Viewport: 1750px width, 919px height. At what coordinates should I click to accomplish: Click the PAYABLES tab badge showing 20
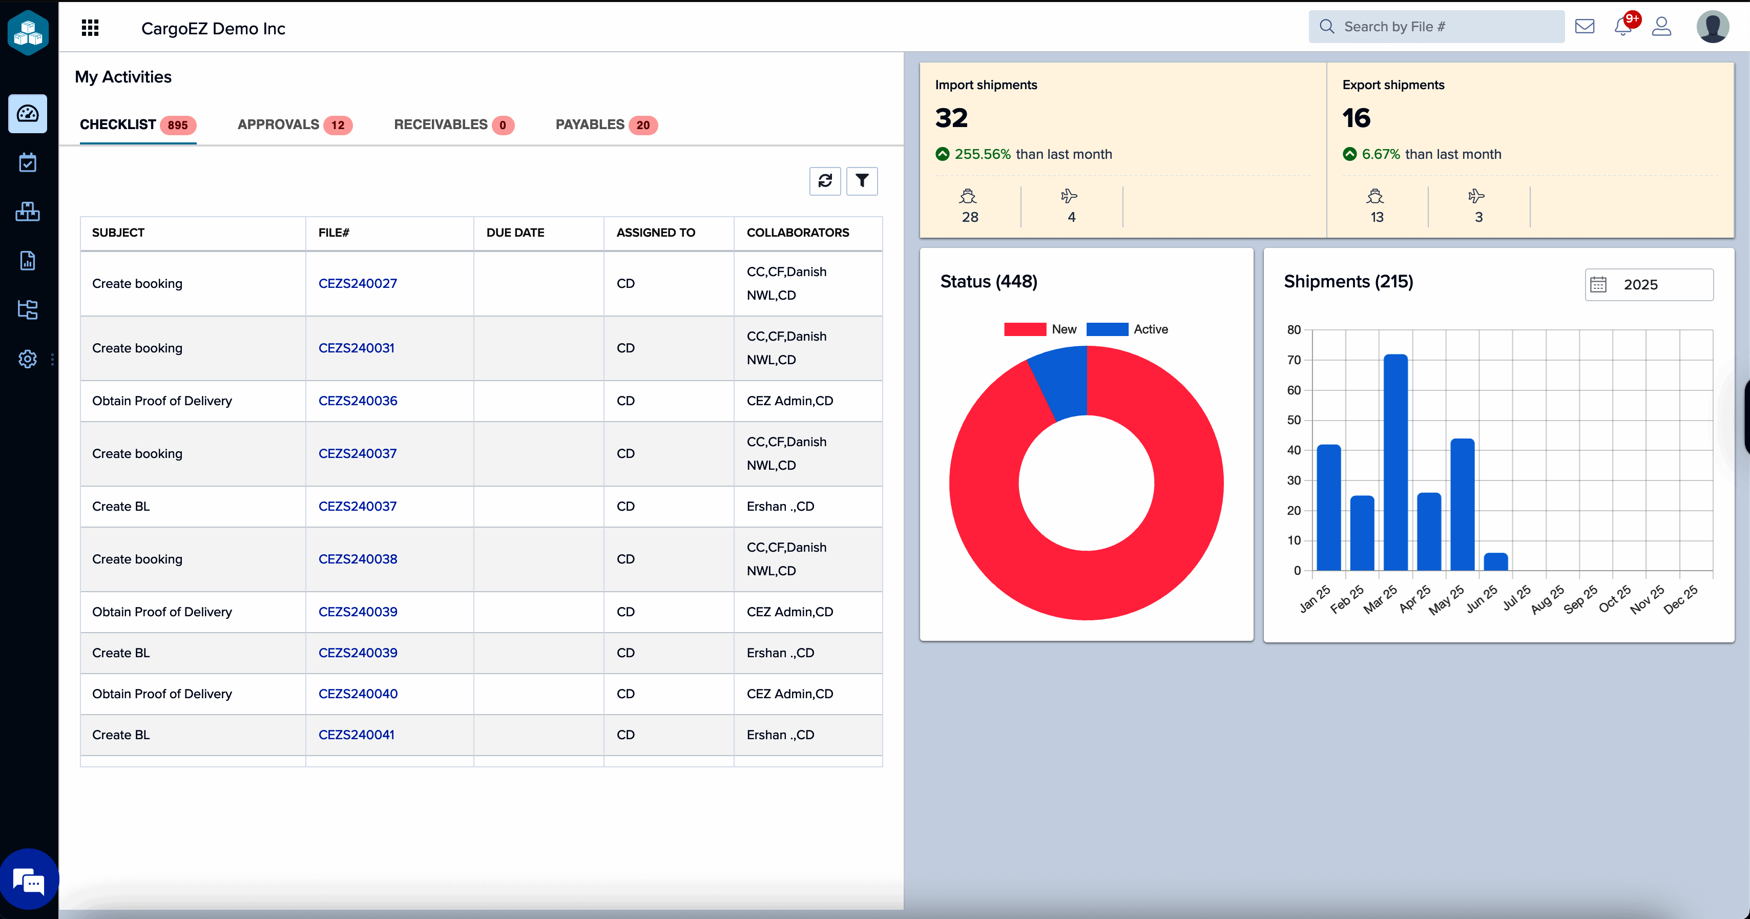(642, 125)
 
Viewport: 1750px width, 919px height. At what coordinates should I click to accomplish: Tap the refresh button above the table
(825, 181)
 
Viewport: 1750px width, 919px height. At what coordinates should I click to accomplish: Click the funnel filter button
(861, 181)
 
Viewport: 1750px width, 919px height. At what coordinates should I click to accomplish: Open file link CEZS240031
(356, 348)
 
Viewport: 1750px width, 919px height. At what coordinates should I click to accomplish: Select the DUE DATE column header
(515, 232)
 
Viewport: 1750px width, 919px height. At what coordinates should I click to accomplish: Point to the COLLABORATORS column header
(798, 232)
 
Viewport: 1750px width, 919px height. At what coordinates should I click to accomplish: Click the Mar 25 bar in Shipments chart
(1395, 462)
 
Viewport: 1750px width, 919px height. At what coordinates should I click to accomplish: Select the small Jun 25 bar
(1495, 562)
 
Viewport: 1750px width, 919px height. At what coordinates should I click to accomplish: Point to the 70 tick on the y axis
(1294, 360)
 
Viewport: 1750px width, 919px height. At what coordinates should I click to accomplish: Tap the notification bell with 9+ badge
(1623, 27)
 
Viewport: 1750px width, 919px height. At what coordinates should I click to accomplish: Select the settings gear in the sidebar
(27, 359)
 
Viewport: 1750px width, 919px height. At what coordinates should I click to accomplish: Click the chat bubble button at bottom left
(29, 881)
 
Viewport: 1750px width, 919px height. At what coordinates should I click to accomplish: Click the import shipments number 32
(951, 118)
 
